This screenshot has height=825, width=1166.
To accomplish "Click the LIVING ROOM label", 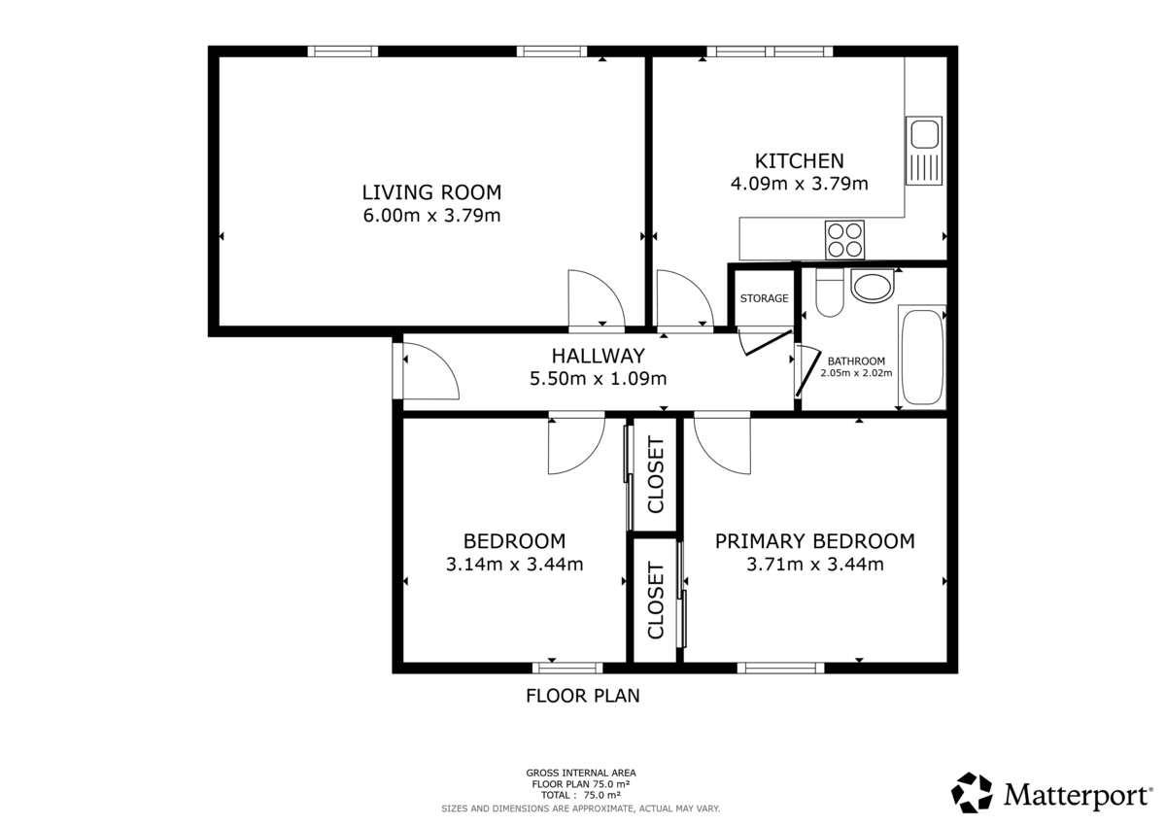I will (x=431, y=191).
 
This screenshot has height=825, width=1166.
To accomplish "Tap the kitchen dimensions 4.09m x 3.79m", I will (x=799, y=183).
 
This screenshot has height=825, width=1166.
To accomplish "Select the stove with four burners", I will (x=844, y=239).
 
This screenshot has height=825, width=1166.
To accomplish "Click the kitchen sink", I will (x=923, y=151).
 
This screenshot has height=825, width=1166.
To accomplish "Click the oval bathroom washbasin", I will (x=872, y=287).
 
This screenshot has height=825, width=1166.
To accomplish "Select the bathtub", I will (x=921, y=357).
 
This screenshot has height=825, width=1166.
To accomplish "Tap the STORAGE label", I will (x=764, y=298).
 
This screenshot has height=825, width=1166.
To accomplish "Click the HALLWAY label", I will (x=598, y=356).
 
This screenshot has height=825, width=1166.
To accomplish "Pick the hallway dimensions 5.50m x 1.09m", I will (x=598, y=378).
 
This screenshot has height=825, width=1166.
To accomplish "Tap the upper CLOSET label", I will (x=655, y=475).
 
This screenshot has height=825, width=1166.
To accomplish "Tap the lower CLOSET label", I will (x=655, y=601).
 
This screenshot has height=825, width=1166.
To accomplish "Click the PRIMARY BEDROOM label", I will (x=814, y=541).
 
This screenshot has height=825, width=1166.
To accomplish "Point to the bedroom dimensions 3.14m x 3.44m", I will (x=514, y=564).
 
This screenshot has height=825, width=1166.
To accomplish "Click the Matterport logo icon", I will (x=971, y=793).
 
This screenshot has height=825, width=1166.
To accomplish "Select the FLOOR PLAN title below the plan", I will (x=582, y=696).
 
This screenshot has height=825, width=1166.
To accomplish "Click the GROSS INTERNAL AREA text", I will (x=581, y=773).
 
